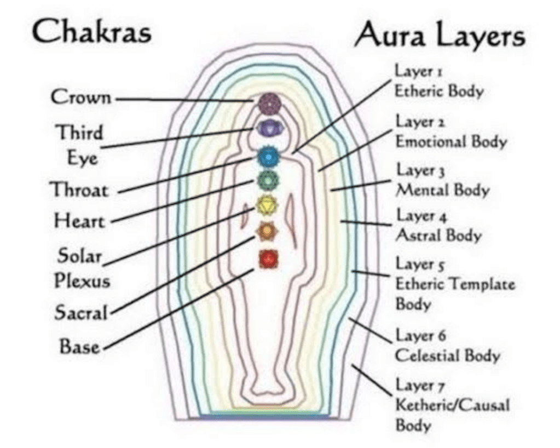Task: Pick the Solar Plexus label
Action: [82, 268]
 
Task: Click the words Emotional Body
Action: [451, 142]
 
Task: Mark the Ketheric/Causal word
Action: [452, 406]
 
